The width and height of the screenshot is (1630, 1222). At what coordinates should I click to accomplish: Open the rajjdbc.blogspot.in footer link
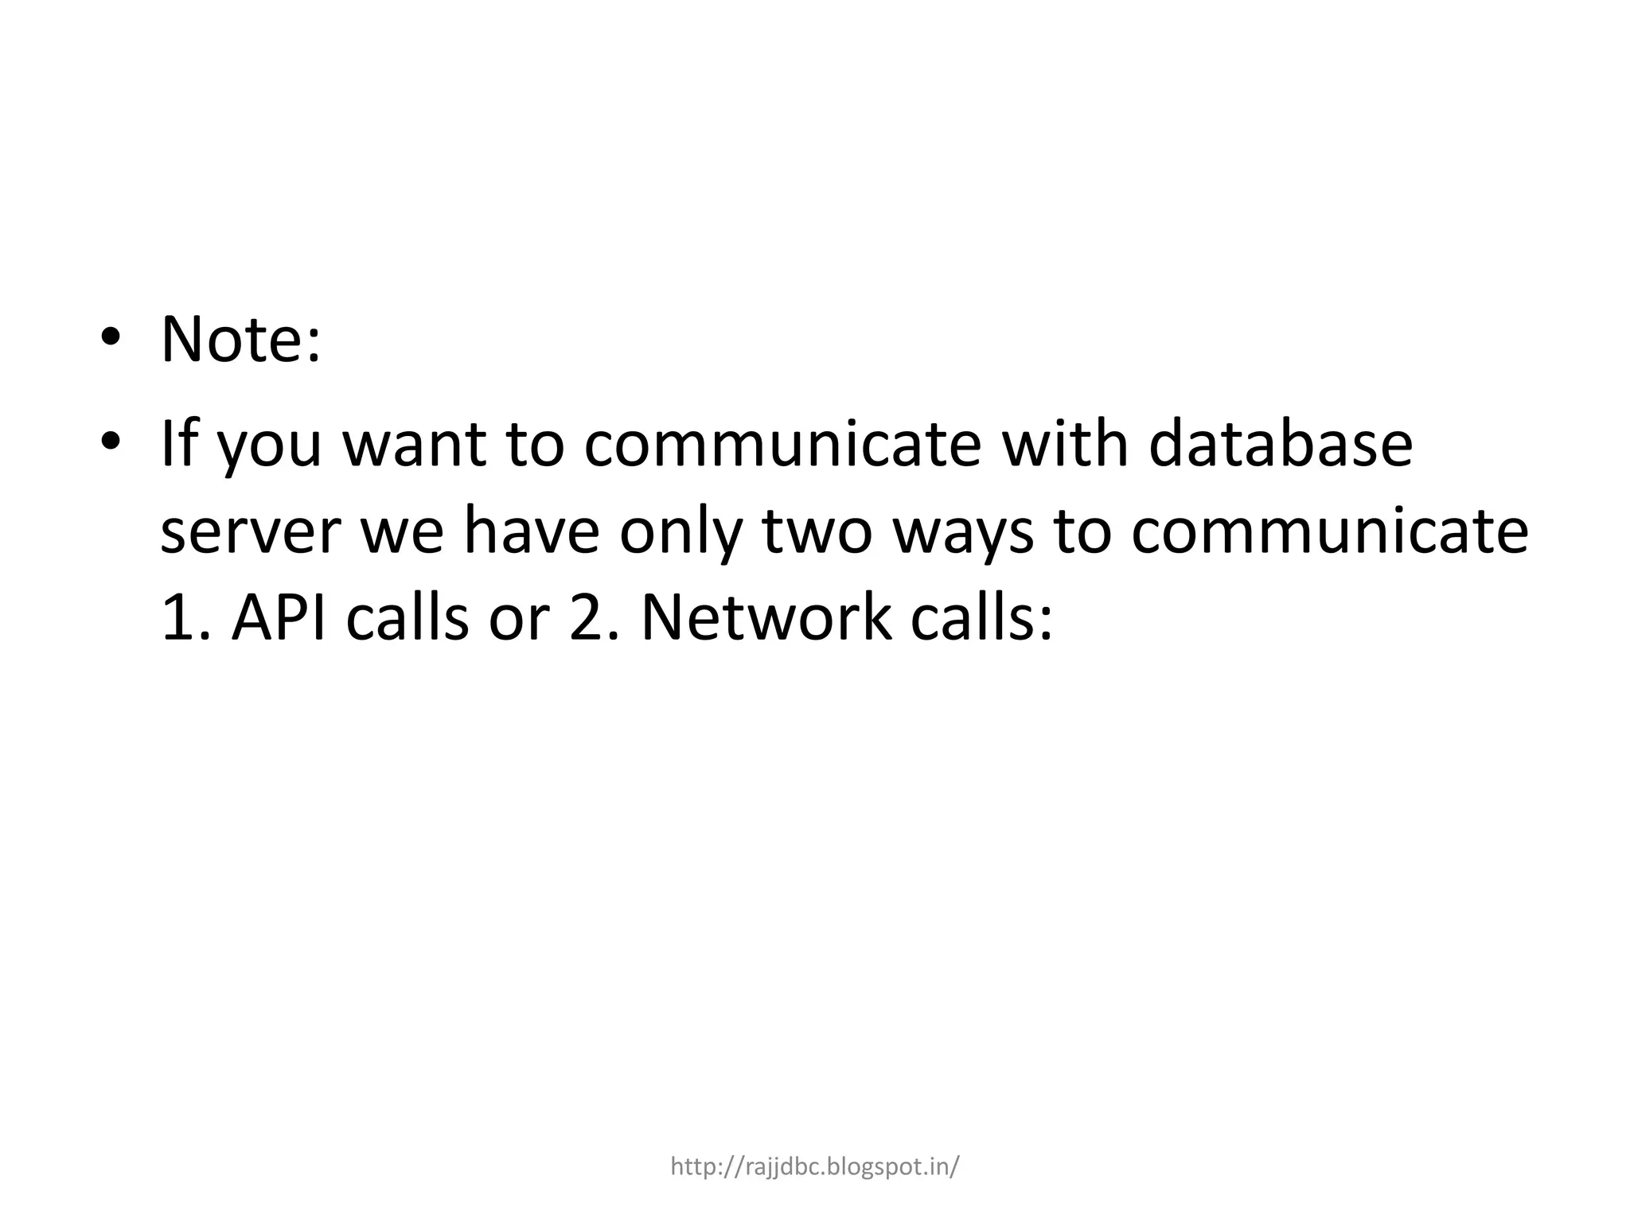coord(814,1167)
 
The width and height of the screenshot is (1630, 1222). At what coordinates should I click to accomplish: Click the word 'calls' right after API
coord(406,618)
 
